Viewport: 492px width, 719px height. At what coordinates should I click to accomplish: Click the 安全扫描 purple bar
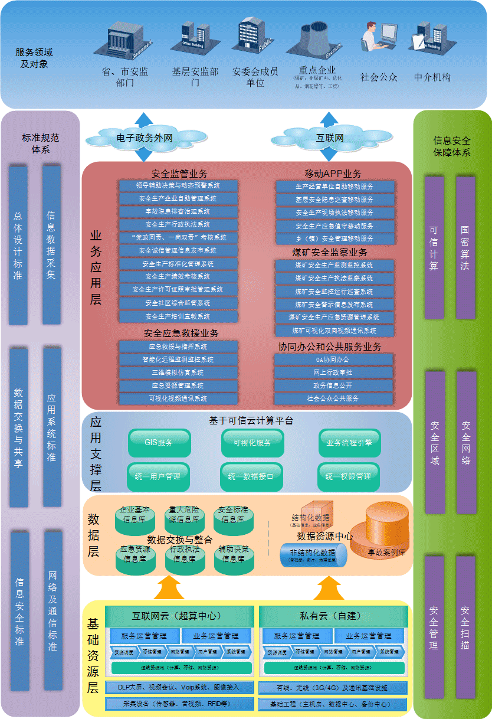[x=465, y=627]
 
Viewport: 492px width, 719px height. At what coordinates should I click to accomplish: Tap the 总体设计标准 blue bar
[x=18, y=245]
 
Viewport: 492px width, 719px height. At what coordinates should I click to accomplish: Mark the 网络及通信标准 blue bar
[x=53, y=610]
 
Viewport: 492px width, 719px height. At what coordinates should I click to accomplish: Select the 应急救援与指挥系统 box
[x=178, y=347]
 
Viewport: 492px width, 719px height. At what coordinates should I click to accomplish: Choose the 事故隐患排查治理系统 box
[x=178, y=211]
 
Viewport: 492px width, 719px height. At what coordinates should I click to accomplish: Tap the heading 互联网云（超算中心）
[x=177, y=616]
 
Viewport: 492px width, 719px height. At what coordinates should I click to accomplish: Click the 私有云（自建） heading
[x=330, y=616]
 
